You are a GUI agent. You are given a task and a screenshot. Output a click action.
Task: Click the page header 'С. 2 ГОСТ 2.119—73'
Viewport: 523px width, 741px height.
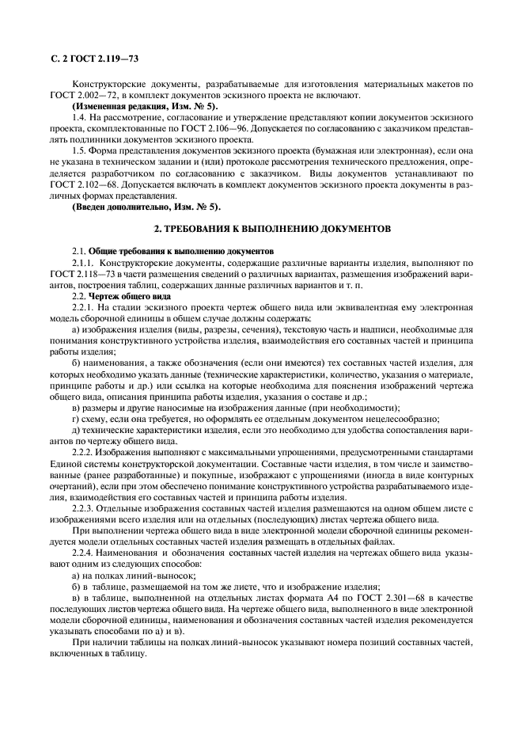pyautogui.click(x=94, y=58)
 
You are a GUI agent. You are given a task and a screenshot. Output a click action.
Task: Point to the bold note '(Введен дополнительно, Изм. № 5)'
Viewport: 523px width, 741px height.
pyautogui.click(x=146, y=207)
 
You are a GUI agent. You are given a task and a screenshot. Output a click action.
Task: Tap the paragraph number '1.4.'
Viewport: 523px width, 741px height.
pyautogui.click(x=79, y=117)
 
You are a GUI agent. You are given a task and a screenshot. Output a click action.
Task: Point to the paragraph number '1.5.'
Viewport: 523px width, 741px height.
pyautogui.click(x=79, y=150)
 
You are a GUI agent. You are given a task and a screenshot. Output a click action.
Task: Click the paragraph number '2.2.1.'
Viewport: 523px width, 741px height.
pyautogui.click(x=84, y=307)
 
